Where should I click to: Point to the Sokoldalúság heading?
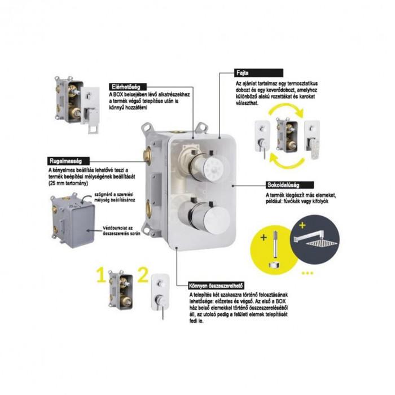click(x=282, y=184)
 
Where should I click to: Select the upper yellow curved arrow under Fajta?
click(x=288, y=116)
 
